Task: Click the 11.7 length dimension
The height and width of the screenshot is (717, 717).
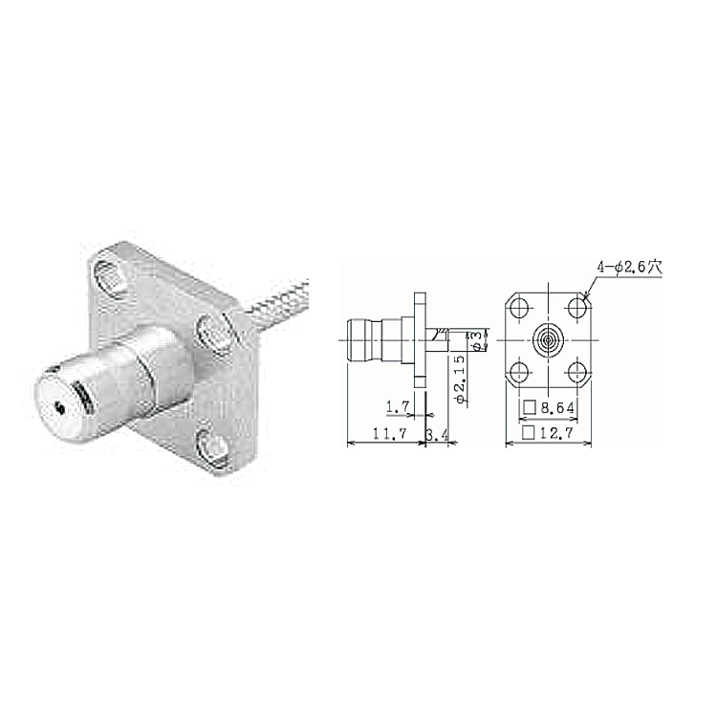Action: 390,433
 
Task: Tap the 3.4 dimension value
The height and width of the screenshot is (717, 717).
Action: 436,434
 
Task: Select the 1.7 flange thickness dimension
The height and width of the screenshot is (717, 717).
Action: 398,407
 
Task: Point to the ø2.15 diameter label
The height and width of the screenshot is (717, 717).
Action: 461,380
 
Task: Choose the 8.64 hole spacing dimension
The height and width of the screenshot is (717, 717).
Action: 557,407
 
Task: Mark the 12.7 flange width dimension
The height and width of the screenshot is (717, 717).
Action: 556,432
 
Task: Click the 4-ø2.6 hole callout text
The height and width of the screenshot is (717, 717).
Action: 629,268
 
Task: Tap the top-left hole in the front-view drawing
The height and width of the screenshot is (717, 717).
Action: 519,307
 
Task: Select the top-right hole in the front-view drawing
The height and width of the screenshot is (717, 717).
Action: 577,307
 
